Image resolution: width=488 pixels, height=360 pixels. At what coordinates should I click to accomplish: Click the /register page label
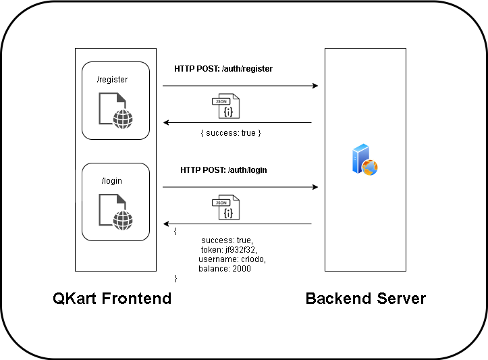[x=112, y=80]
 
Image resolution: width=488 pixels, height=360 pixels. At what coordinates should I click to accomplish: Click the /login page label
[x=111, y=181]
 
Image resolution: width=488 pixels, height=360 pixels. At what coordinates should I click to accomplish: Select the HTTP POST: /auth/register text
[x=223, y=69]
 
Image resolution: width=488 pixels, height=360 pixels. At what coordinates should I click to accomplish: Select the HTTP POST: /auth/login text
[x=223, y=170]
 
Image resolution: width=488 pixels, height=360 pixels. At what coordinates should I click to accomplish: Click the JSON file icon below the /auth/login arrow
[x=226, y=209]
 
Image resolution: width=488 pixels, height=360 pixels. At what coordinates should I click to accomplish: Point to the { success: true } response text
[x=230, y=133]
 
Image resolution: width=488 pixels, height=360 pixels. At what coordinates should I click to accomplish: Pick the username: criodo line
[x=232, y=259]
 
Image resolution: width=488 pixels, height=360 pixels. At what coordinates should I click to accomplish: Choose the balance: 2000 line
[x=224, y=269]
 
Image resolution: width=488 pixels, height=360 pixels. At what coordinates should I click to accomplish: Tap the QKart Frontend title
[x=112, y=299]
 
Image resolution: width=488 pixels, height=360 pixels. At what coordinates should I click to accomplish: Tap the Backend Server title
[x=366, y=299]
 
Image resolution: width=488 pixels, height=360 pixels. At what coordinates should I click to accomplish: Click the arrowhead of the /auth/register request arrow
[x=315, y=86]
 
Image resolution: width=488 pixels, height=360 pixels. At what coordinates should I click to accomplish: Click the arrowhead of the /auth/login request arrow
[x=315, y=187]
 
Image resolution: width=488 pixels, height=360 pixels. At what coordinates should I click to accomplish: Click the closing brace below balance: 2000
[x=175, y=278]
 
